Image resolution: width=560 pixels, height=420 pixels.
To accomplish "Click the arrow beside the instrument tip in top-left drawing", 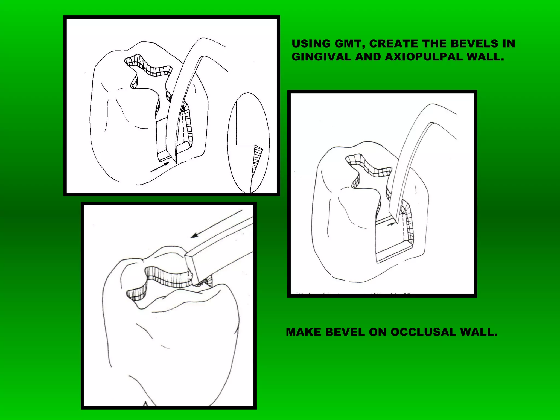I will click(160, 167).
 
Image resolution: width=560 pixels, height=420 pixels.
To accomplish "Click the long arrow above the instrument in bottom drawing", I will click(216, 224).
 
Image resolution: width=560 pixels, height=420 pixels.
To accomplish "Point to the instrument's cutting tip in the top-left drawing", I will click(175, 161).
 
